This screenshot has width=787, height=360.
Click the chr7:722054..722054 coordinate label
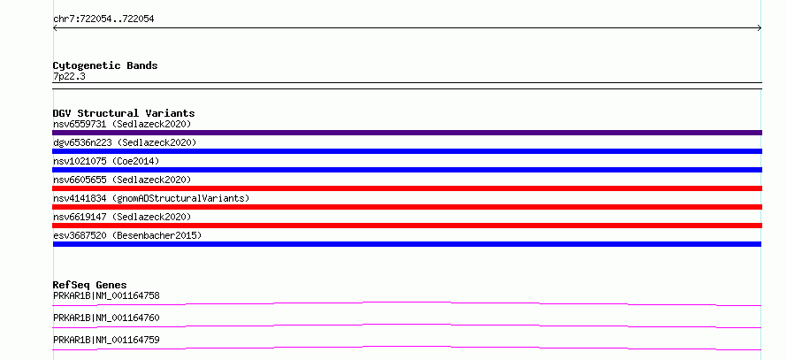click(103, 19)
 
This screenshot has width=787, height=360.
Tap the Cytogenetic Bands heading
click(105, 65)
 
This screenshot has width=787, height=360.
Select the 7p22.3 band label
click(69, 76)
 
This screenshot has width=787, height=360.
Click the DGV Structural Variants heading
click(124, 113)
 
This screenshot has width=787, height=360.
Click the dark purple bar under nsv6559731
click(407, 133)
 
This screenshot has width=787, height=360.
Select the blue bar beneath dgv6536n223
click(407, 151)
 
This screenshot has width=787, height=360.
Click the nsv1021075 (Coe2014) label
click(106, 161)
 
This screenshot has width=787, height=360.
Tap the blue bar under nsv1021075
click(407, 170)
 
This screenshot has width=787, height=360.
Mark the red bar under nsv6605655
click(407, 188)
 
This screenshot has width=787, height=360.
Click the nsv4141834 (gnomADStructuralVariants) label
click(151, 198)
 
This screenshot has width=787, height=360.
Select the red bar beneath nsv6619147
click(407, 226)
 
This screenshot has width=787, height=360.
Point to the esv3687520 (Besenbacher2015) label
click(127, 235)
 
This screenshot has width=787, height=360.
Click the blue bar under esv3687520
click(407, 244)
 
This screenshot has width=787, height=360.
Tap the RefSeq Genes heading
click(90, 285)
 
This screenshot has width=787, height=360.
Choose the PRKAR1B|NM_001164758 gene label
click(106, 295)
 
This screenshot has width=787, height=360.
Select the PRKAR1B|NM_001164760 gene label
click(106, 318)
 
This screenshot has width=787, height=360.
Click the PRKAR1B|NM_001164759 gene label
click(106, 340)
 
